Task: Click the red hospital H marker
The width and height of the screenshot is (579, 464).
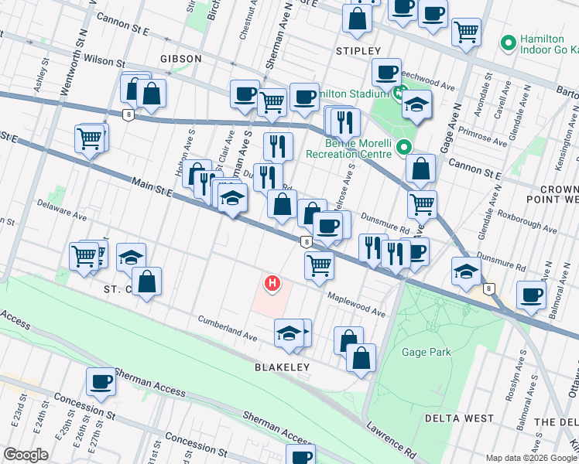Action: tap(272, 284)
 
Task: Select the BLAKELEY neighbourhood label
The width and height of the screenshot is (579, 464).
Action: tap(282, 367)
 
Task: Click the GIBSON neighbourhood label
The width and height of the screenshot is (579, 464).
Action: tap(180, 59)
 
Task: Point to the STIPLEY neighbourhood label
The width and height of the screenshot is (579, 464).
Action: tap(358, 50)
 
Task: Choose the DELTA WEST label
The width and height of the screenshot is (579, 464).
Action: tap(459, 418)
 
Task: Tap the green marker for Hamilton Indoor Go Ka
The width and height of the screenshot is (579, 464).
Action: tap(509, 42)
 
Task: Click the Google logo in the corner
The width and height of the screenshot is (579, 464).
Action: tap(26, 455)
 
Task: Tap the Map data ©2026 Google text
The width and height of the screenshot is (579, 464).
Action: tap(531, 458)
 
